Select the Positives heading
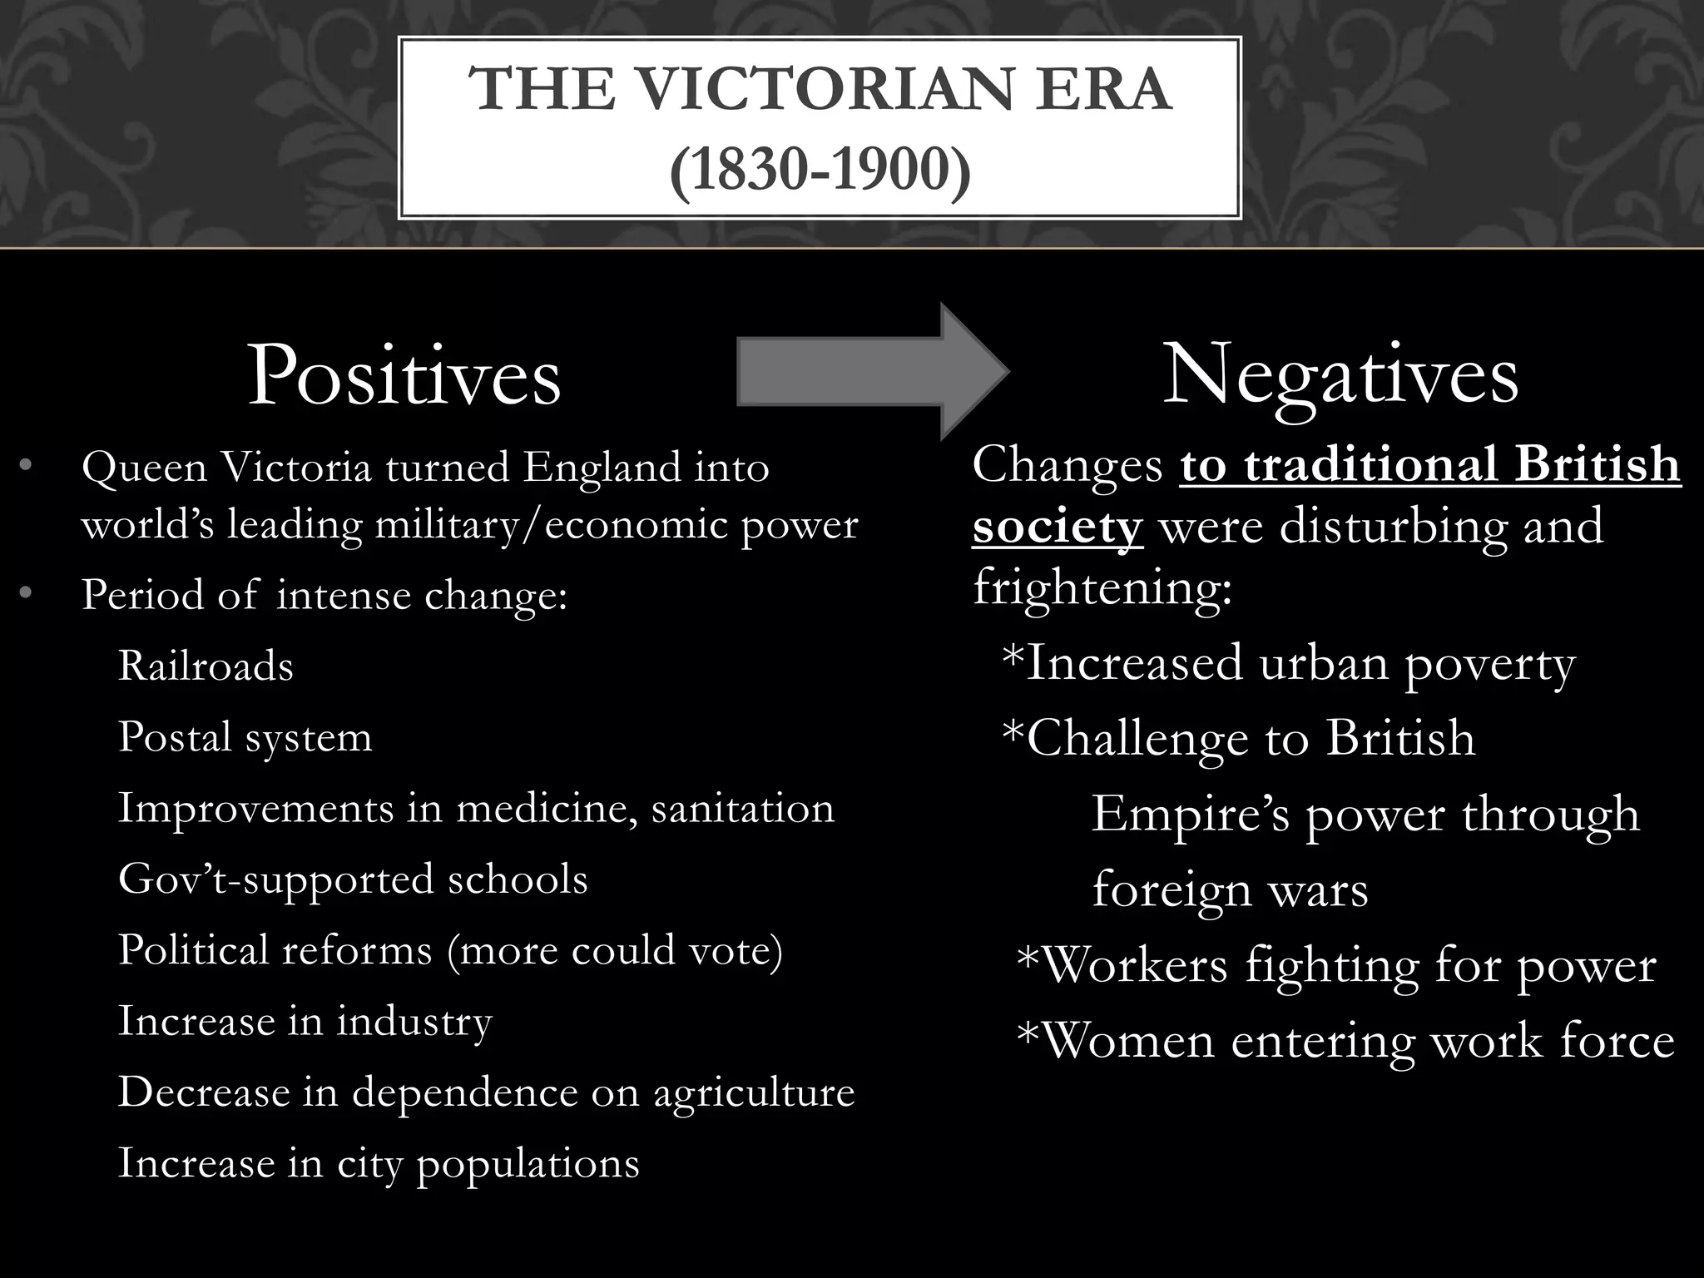click(x=404, y=376)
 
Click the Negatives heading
click(x=1340, y=376)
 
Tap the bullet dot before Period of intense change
click(x=25, y=593)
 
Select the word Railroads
click(x=206, y=666)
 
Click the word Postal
click(x=174, y=737)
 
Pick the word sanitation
click(x=742, y=808)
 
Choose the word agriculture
click(x=754, y=1092)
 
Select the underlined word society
click(x=1058, y=527)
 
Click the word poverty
click(x=1489, y=664)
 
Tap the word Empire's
click(x=1190, y=814)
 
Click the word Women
click(x=1128, y=1041)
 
